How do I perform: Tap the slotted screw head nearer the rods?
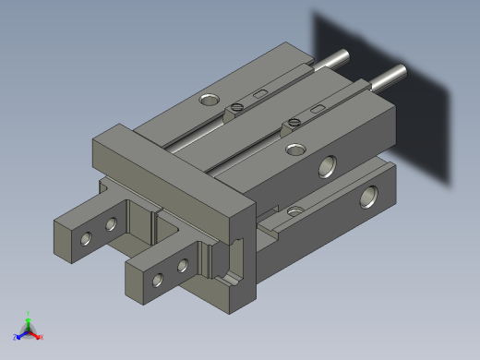[238, 108]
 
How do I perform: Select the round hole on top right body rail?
[294, 149]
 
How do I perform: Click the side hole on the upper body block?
[328, 166]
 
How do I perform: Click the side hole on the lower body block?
[369, 196]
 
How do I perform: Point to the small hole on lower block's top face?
[294, 211]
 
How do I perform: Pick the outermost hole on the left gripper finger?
[86, 239]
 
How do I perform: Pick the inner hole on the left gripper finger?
[112, 224]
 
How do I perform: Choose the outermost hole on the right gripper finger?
[159, 279]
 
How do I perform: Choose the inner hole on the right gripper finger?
[183, 267]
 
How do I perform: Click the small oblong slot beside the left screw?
[260, 94]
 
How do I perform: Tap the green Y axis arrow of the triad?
[29, 317]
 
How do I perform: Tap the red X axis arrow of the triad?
[39, 336]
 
